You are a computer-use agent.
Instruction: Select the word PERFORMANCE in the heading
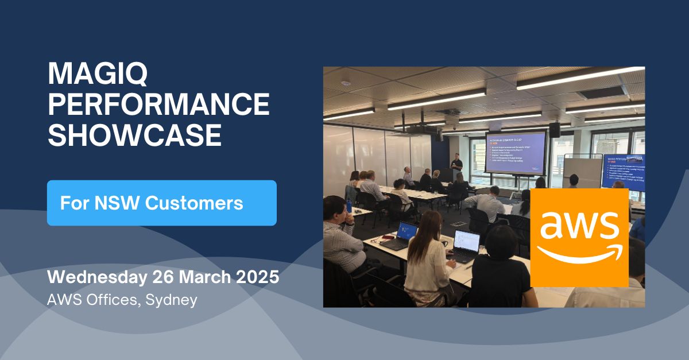pos(158,105)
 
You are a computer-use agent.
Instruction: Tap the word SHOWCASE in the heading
pos(134,135)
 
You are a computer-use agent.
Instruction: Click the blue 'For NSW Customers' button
pos(161,203)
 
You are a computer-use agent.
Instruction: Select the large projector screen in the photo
pos(516,152)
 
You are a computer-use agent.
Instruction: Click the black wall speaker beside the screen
pos(555,130)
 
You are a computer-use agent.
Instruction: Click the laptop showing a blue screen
pos(405,233)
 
